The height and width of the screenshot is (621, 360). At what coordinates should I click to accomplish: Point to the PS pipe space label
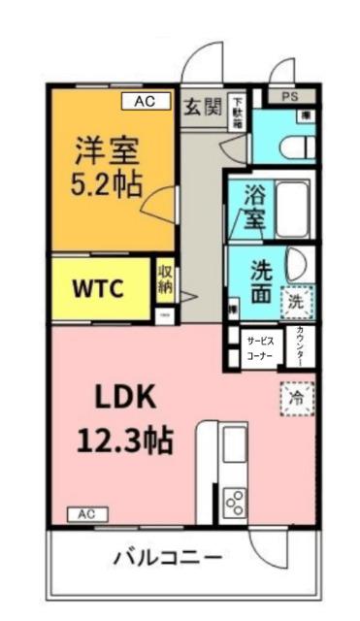click(x=290, y=96)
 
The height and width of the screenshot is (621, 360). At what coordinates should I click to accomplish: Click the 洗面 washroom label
click(x=258, y=278)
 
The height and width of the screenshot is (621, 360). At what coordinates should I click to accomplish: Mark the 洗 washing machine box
click(x=298, y=302)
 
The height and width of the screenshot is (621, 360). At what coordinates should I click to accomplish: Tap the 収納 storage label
click(x=165, y=278)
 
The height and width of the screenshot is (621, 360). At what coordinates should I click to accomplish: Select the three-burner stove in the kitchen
click(x=234, y=502)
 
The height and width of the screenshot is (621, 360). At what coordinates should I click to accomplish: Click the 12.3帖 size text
click(x=126, y=441)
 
